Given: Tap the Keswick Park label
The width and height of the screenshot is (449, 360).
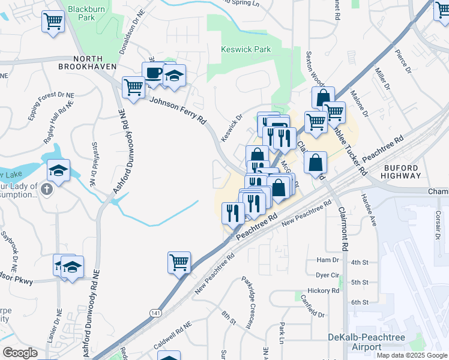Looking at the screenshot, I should coord(246,49).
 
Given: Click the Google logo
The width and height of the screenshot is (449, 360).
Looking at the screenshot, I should coord(20,352).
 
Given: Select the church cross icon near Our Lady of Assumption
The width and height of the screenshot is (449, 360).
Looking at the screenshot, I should coord(48,190).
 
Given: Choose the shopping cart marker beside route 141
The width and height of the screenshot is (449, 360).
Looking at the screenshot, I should coord(179,262).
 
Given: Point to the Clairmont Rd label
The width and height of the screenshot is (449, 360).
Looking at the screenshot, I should coord(344,228).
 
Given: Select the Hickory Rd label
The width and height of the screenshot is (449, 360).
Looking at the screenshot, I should coord(328,290).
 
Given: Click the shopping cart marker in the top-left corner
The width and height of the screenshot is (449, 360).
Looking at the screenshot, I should coord(53,22).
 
